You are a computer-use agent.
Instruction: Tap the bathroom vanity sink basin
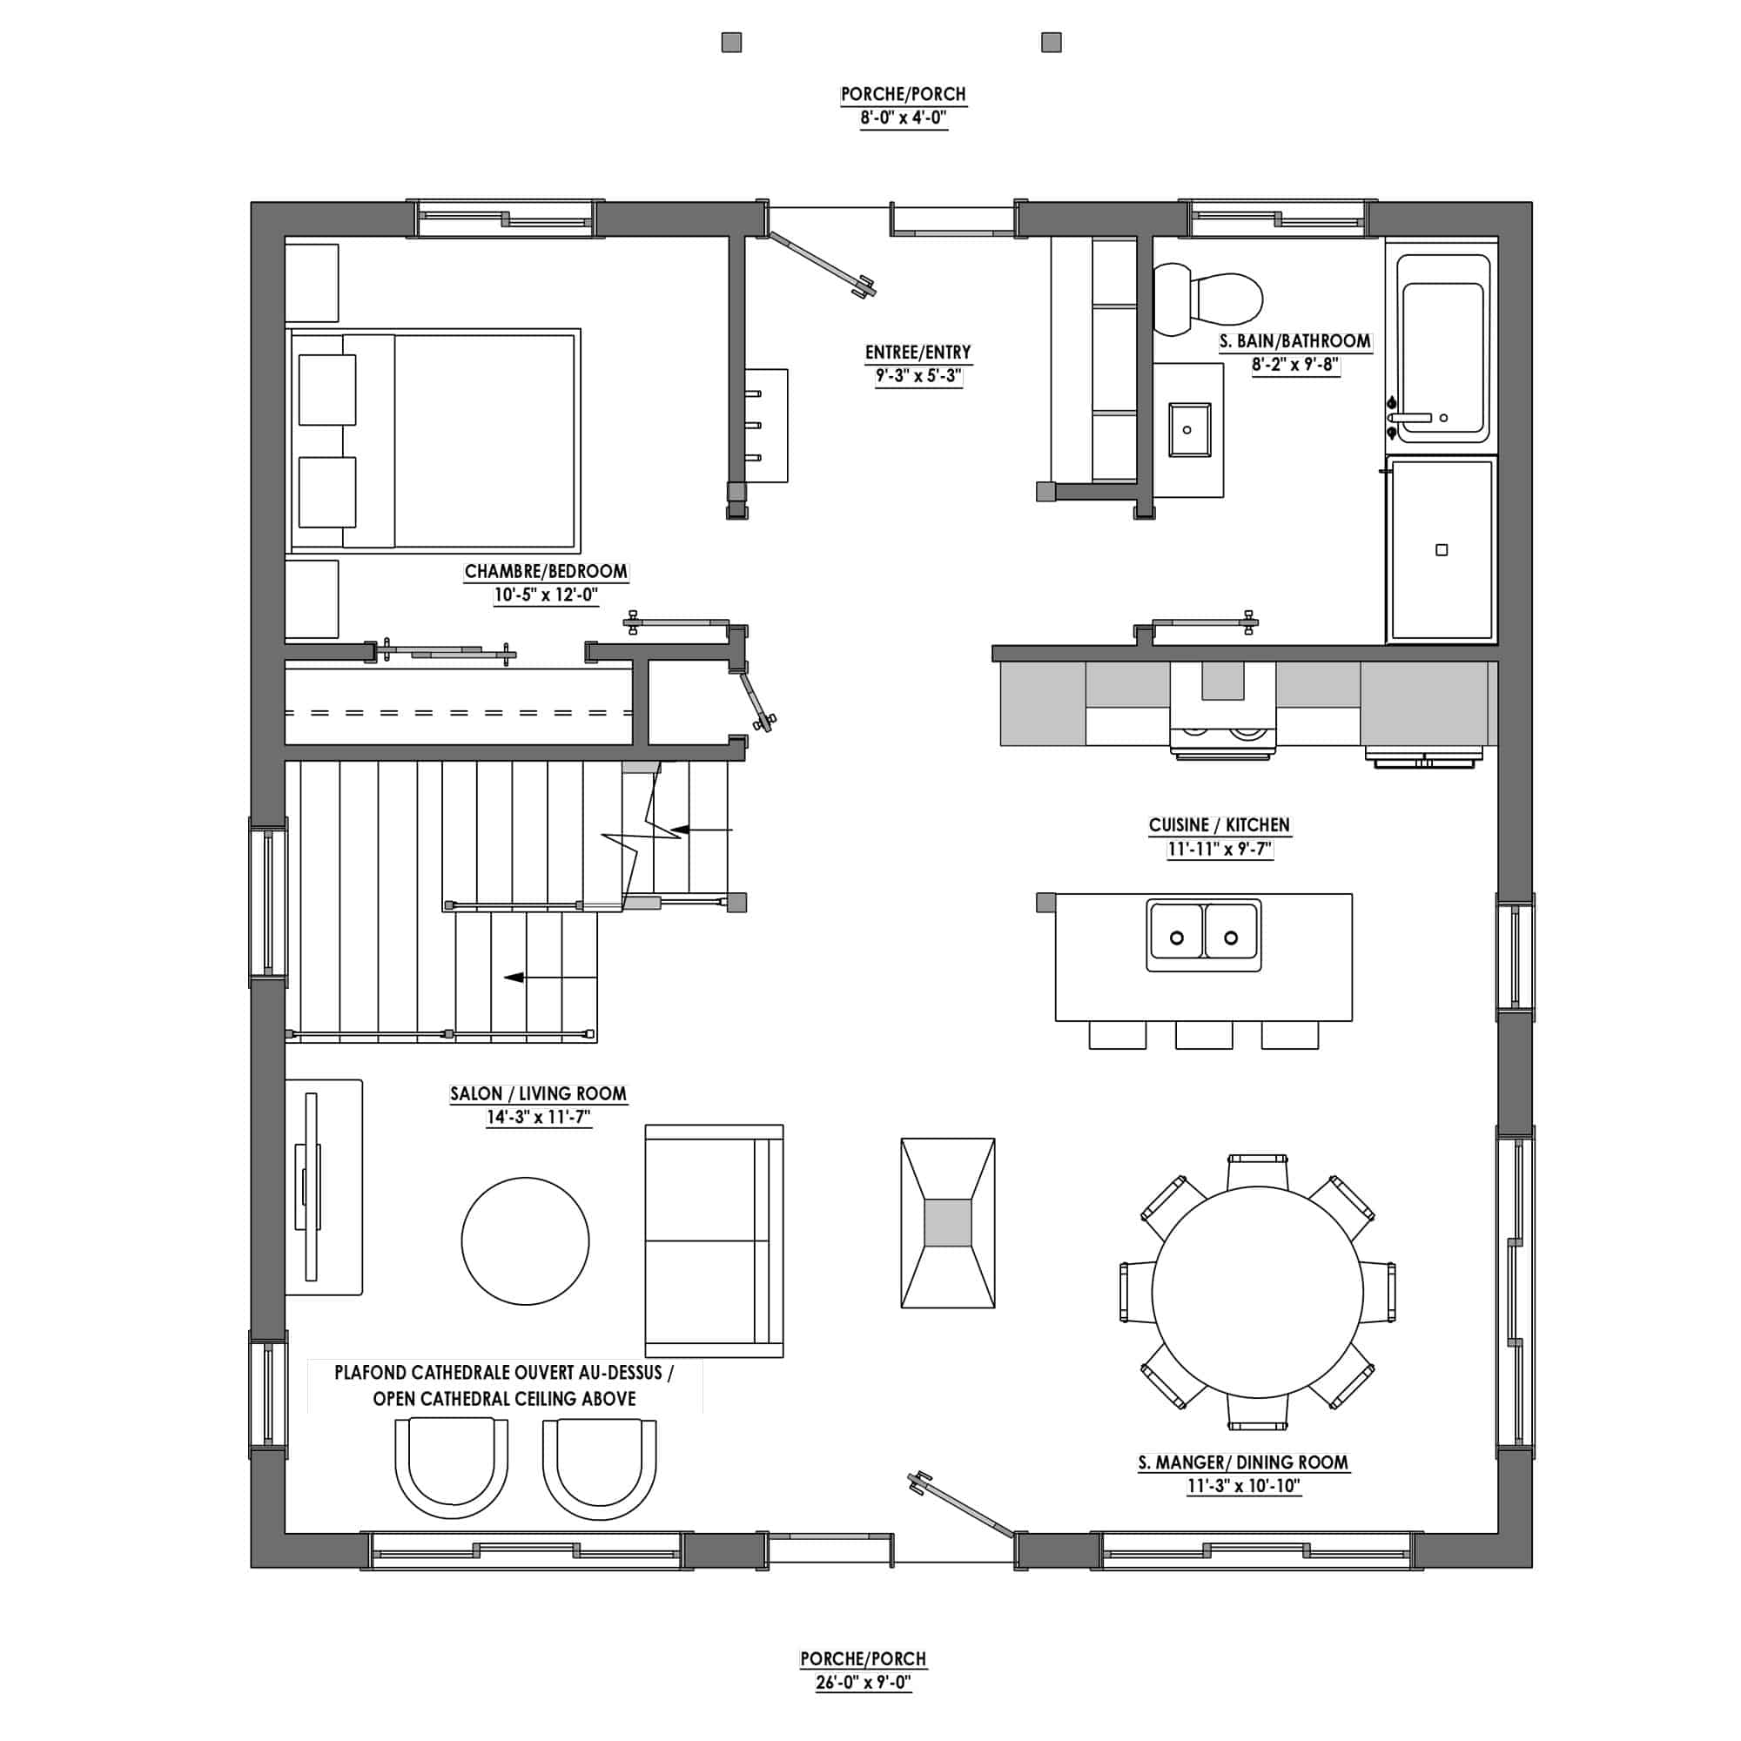[1187, 430]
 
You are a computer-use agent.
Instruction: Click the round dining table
[1258, 1292]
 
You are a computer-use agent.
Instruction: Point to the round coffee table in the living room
[526, 1240]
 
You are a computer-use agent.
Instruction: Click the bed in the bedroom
[434, 440]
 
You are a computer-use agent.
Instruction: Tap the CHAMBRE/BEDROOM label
[546, 571]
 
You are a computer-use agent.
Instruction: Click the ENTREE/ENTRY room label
[918, 353]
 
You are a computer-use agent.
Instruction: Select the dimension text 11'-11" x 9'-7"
[1220, 849]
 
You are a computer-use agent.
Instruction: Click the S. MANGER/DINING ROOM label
[1244, 1462]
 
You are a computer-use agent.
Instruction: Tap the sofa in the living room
[715, 1240]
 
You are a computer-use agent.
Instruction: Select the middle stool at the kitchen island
[1204, 1035]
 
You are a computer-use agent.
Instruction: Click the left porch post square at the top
[732, 43]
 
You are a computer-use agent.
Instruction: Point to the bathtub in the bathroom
[1442, 348]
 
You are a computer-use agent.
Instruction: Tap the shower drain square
[1442, 549]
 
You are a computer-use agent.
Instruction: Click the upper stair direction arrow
[702, 829]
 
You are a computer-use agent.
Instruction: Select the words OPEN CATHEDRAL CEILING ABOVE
[505, 1399]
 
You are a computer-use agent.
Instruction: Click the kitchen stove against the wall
[1223, 709]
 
